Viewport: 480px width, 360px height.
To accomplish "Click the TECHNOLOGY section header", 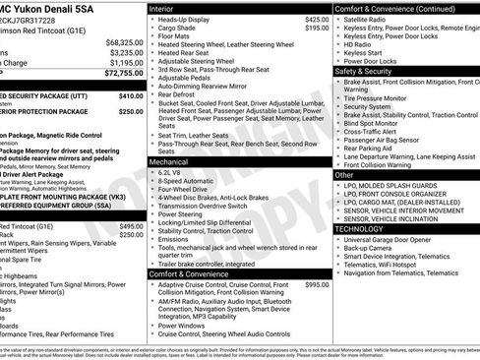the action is click(360, 228).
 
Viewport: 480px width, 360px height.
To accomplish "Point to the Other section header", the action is click(345, 173).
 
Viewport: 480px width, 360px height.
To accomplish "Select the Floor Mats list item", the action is click(177, 37).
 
